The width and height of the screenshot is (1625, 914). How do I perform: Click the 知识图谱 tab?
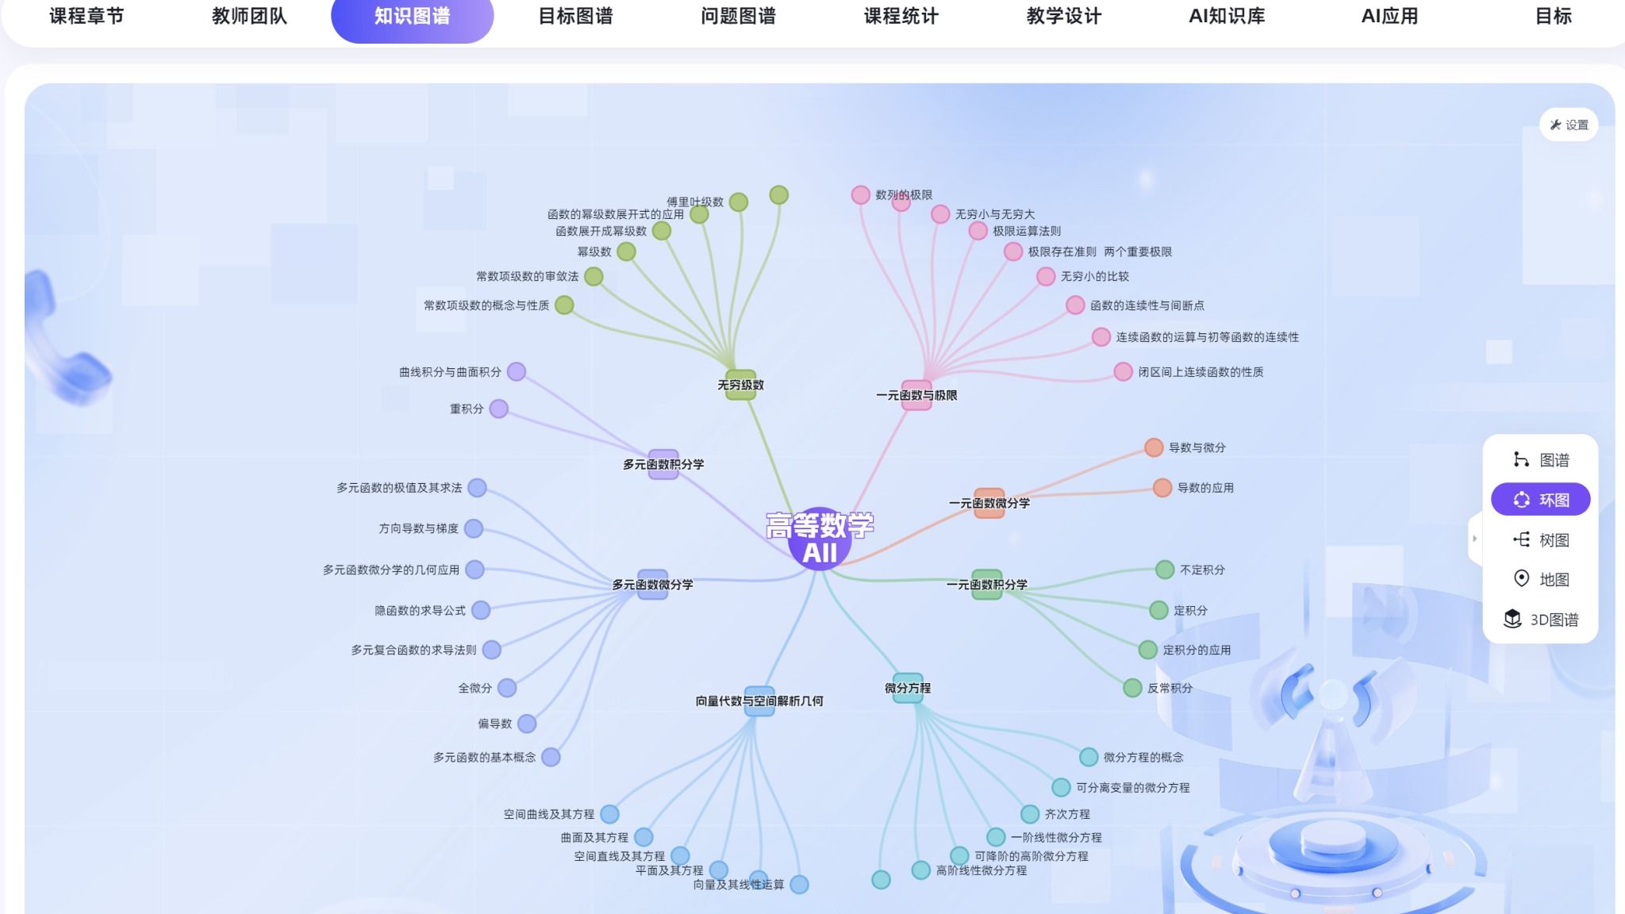click(x=412, y=17)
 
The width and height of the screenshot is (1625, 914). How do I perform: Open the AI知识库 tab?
click(x=1226, y=17)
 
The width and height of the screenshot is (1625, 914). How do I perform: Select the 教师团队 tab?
click(x=249, y=17)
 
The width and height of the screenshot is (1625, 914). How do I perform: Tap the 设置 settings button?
click(x=1569, y=125)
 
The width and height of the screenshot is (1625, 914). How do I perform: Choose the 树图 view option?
click(x=1540, y=540)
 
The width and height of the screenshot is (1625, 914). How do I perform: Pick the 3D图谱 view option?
click(x=1540, y=620)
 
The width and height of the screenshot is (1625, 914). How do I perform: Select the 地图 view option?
click(x=1540, y=580)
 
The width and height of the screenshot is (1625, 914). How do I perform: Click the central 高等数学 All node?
click(x=820, y=539)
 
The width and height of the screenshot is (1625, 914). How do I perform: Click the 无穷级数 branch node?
click(x=740, y=385)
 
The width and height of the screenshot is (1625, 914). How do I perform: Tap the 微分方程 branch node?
click(x=908, y=688)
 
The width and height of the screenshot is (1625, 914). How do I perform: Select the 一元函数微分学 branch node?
click(x=989, y=503)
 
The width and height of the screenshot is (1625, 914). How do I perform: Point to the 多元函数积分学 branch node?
click(x=663, y=464)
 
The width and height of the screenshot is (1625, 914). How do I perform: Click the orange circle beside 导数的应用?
click(x=1162, y=488)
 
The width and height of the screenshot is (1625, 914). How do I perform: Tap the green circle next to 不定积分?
click(x=1165, y=570)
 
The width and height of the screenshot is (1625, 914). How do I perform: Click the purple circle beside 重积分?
click(x=498, y=409)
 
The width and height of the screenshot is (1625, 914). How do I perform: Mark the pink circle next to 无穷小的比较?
click(x=1046, y=276)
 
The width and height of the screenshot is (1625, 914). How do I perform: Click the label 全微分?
click(x=474, y=688)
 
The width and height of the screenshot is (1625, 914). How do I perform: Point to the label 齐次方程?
click(x=1067, y=814)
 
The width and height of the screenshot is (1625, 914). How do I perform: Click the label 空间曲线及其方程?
click(x=548, y=814)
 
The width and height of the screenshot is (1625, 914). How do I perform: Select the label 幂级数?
click(x=594, y=252)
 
